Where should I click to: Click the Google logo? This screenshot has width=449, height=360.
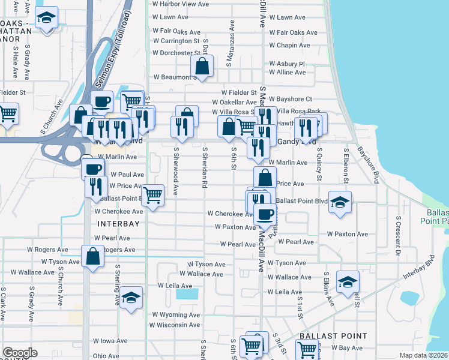20,353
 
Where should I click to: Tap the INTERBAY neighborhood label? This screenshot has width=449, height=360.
118,224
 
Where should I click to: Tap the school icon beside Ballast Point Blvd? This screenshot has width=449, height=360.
340,202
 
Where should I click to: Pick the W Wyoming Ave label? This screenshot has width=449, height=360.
175,314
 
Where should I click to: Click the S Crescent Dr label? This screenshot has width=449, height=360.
397,235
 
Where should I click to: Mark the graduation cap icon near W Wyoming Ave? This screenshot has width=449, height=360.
130,298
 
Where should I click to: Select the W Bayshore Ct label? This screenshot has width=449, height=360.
291,98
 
